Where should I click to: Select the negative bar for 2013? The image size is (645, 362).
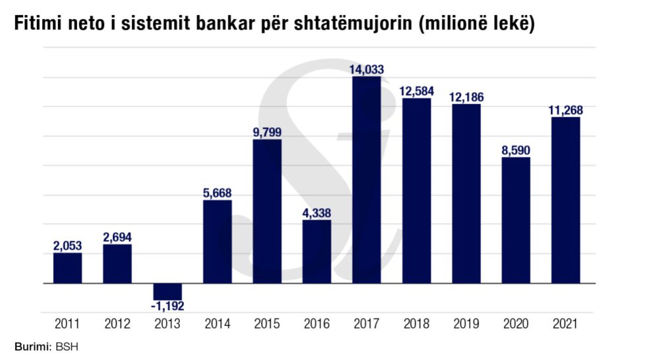(167, 292)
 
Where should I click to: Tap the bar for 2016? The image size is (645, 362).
(317, 251)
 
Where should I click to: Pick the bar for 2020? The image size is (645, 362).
(516, 220)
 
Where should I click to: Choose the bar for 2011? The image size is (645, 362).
(67, 268)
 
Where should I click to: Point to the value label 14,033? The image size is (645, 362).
(367, 69)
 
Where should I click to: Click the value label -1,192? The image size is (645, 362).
(167, 307)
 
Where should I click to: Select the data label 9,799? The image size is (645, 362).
(267, 132)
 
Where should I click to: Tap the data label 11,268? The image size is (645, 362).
(565, 110)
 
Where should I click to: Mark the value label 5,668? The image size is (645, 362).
(217, 193)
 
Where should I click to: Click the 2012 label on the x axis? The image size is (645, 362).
(117, 324)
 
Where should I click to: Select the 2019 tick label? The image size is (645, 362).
(466, 324)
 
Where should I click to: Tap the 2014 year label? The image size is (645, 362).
(217, 324)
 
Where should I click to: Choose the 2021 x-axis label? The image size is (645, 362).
(565, 324)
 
